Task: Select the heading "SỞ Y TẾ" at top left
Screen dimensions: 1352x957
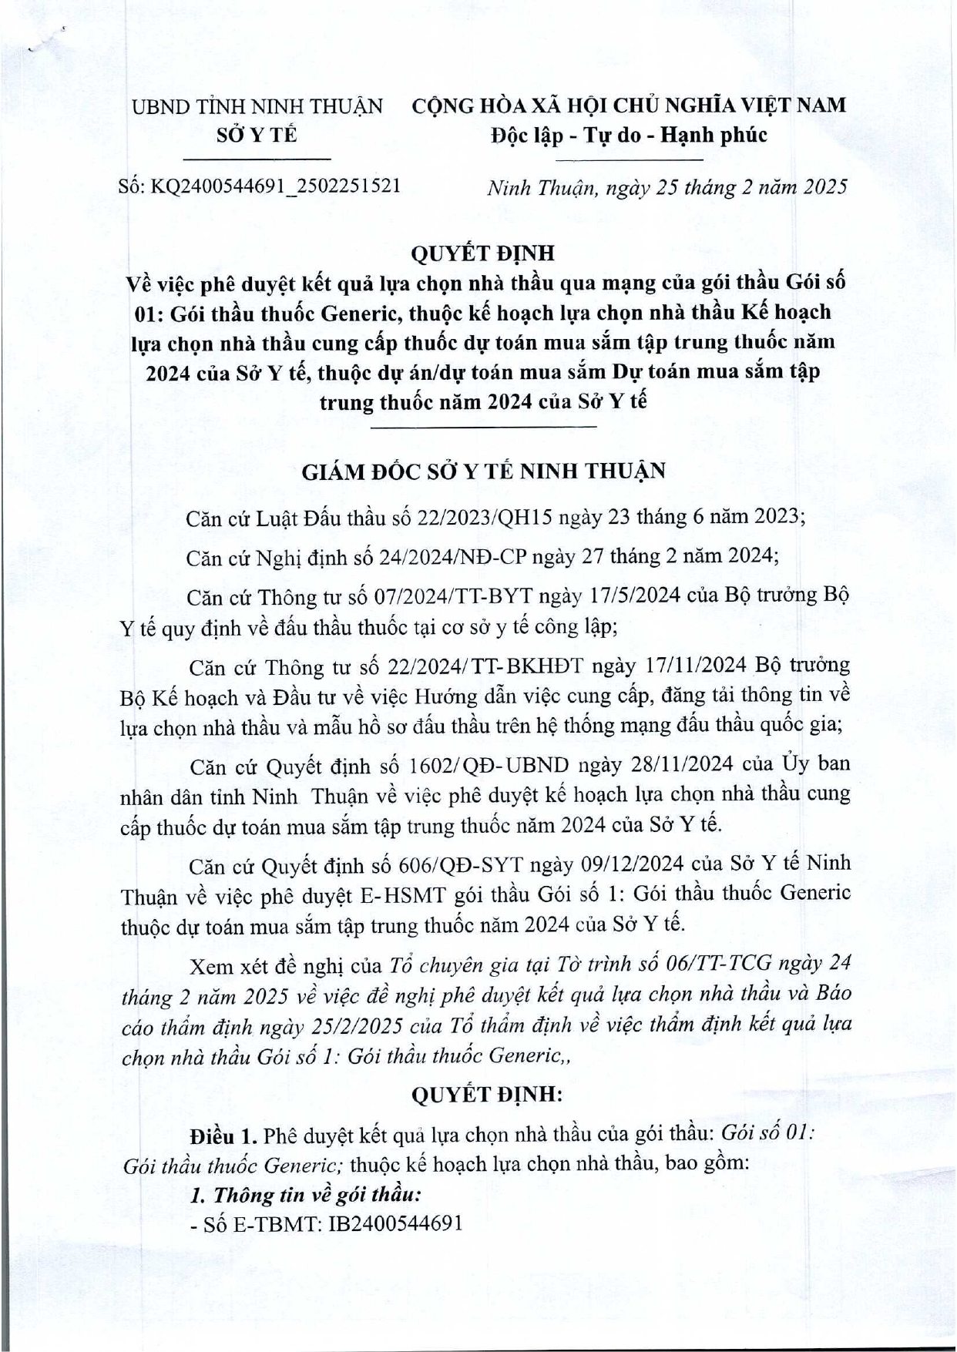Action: point(257,136)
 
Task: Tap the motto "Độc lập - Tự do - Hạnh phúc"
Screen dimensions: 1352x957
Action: point(629,136)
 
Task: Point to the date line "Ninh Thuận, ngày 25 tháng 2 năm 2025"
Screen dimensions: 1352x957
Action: point(667,187)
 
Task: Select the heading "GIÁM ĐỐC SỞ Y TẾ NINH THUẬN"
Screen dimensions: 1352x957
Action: point(483,471)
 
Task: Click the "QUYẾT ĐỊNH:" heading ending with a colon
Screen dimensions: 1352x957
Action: point(487,1094)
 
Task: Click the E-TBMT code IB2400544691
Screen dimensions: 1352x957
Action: point(396,1223)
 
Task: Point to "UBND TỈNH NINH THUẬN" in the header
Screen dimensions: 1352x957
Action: point(257,106)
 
